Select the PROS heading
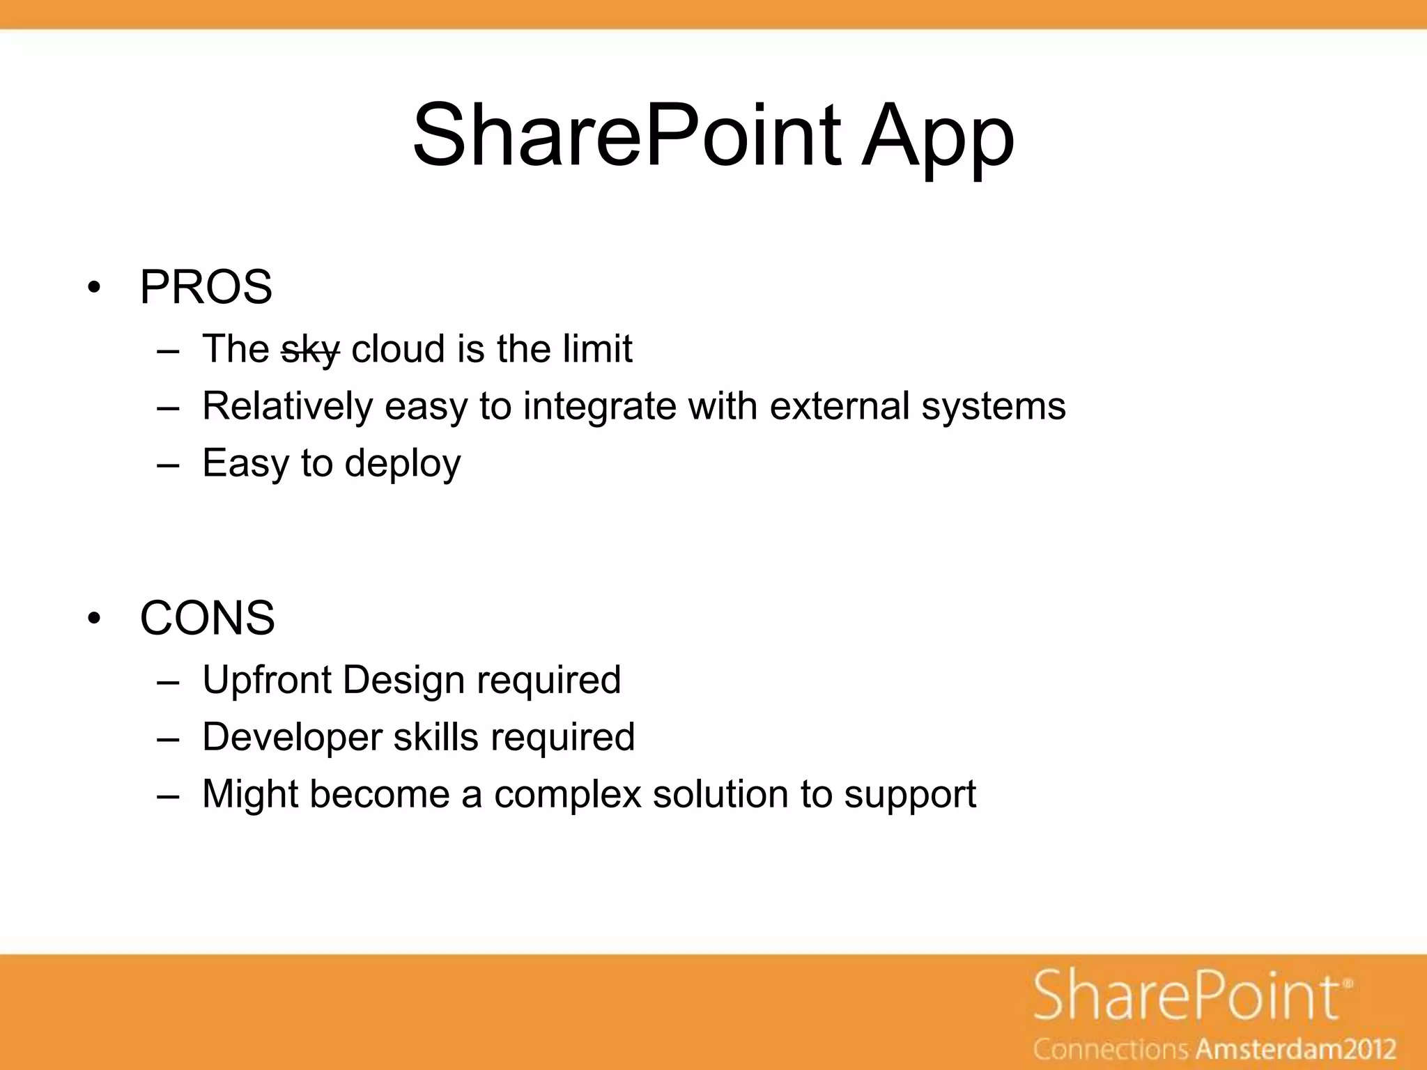coord(206,287)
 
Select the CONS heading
coord(207,618)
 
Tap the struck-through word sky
coord(310,349)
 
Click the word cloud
coord(398,348)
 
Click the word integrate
coord(599,406)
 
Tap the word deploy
coord(402,464)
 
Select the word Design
coord(403,680)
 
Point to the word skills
coord(435,737)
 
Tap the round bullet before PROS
coord(95,288)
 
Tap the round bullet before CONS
coord(95,619)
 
